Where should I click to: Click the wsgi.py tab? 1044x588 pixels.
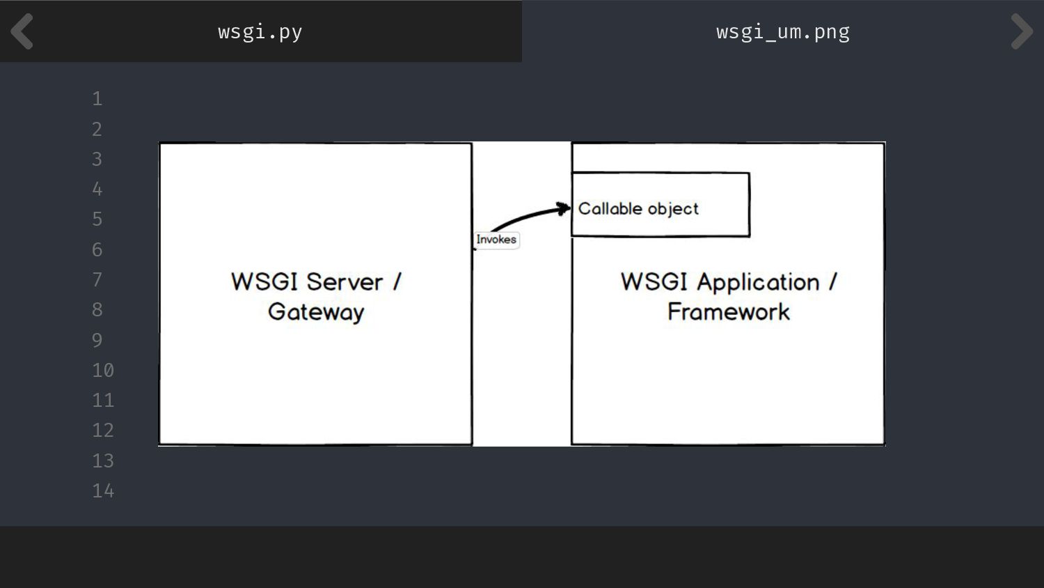pos(260,31)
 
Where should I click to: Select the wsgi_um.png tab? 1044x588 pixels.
pos(782,31)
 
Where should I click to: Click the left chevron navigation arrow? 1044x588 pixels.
pos(22,31)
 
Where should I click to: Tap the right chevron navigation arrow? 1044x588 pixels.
pos(1021,31)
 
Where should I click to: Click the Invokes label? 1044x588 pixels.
pos(496,240)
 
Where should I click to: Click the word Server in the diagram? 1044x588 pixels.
pos(345,282)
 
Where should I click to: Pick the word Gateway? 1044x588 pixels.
pos(316,312)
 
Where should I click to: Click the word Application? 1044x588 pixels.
pos(758,282)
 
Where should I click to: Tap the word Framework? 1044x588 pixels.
pos(728,312)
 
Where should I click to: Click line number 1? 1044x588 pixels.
pos(97,99)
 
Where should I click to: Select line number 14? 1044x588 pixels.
pos(103,491)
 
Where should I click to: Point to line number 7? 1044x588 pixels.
pos(97,280)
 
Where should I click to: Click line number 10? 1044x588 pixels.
pos(103,371)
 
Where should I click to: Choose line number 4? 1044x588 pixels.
pos(97,189)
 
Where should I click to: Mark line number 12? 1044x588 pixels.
pos(103,431)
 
